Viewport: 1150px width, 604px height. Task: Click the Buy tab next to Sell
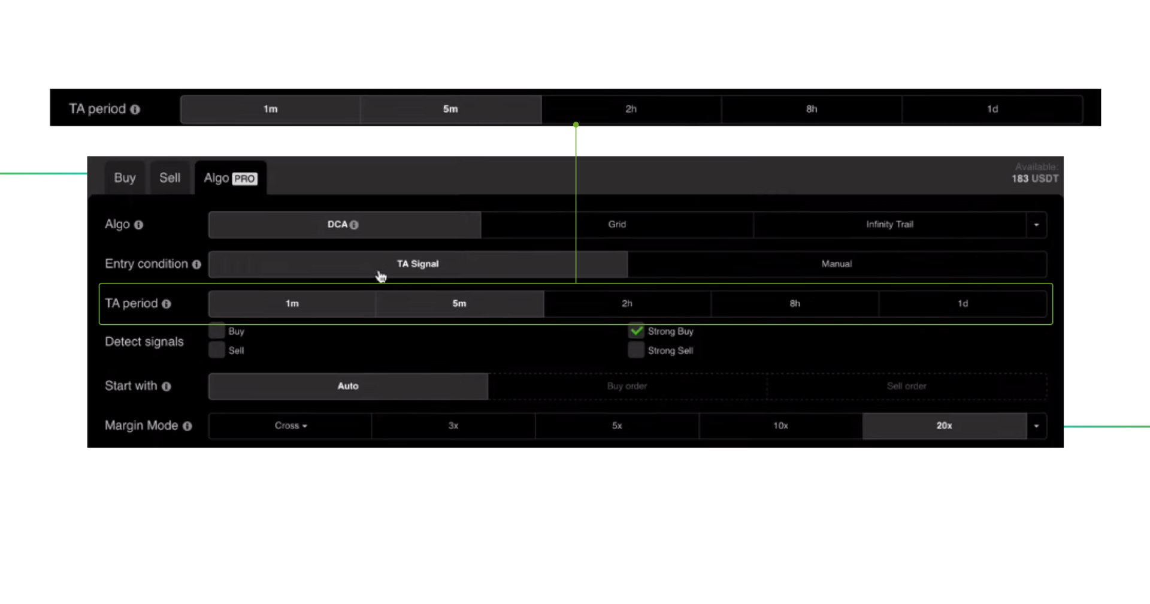click(x=125, y=178)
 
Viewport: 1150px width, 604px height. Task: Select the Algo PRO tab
click(x=230, y=178)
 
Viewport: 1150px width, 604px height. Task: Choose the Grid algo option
click(x=617, y=225)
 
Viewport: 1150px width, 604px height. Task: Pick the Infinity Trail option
click(x=889, y=225)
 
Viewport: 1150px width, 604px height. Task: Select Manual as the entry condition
click(x=836, y=264)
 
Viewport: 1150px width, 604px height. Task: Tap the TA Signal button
click(x=417, y=264)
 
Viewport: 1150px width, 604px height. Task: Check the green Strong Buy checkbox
click(x=636, y=331)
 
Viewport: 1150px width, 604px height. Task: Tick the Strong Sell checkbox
click(x=636, y=351)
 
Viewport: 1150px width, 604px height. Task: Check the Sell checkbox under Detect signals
click(x=217, y=351)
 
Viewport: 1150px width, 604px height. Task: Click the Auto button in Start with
click(x=348, y=386)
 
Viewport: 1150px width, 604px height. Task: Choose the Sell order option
click(x=906, y=386)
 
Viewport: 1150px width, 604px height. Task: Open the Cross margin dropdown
click(x=290, y=426)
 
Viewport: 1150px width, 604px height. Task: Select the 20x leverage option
click(x=944, y=426)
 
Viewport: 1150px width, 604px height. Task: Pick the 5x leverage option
click(x=617, y=426)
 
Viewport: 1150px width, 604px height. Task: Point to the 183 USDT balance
click(x=1034, y=179)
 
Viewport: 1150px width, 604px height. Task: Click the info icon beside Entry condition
click(x=196, y=264)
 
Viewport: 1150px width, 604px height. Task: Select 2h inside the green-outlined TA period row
click(x=627, y=304)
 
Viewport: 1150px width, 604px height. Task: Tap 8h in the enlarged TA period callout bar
click(x=812, y=109)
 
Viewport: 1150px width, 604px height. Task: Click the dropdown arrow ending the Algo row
click(x=1036, y=225)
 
